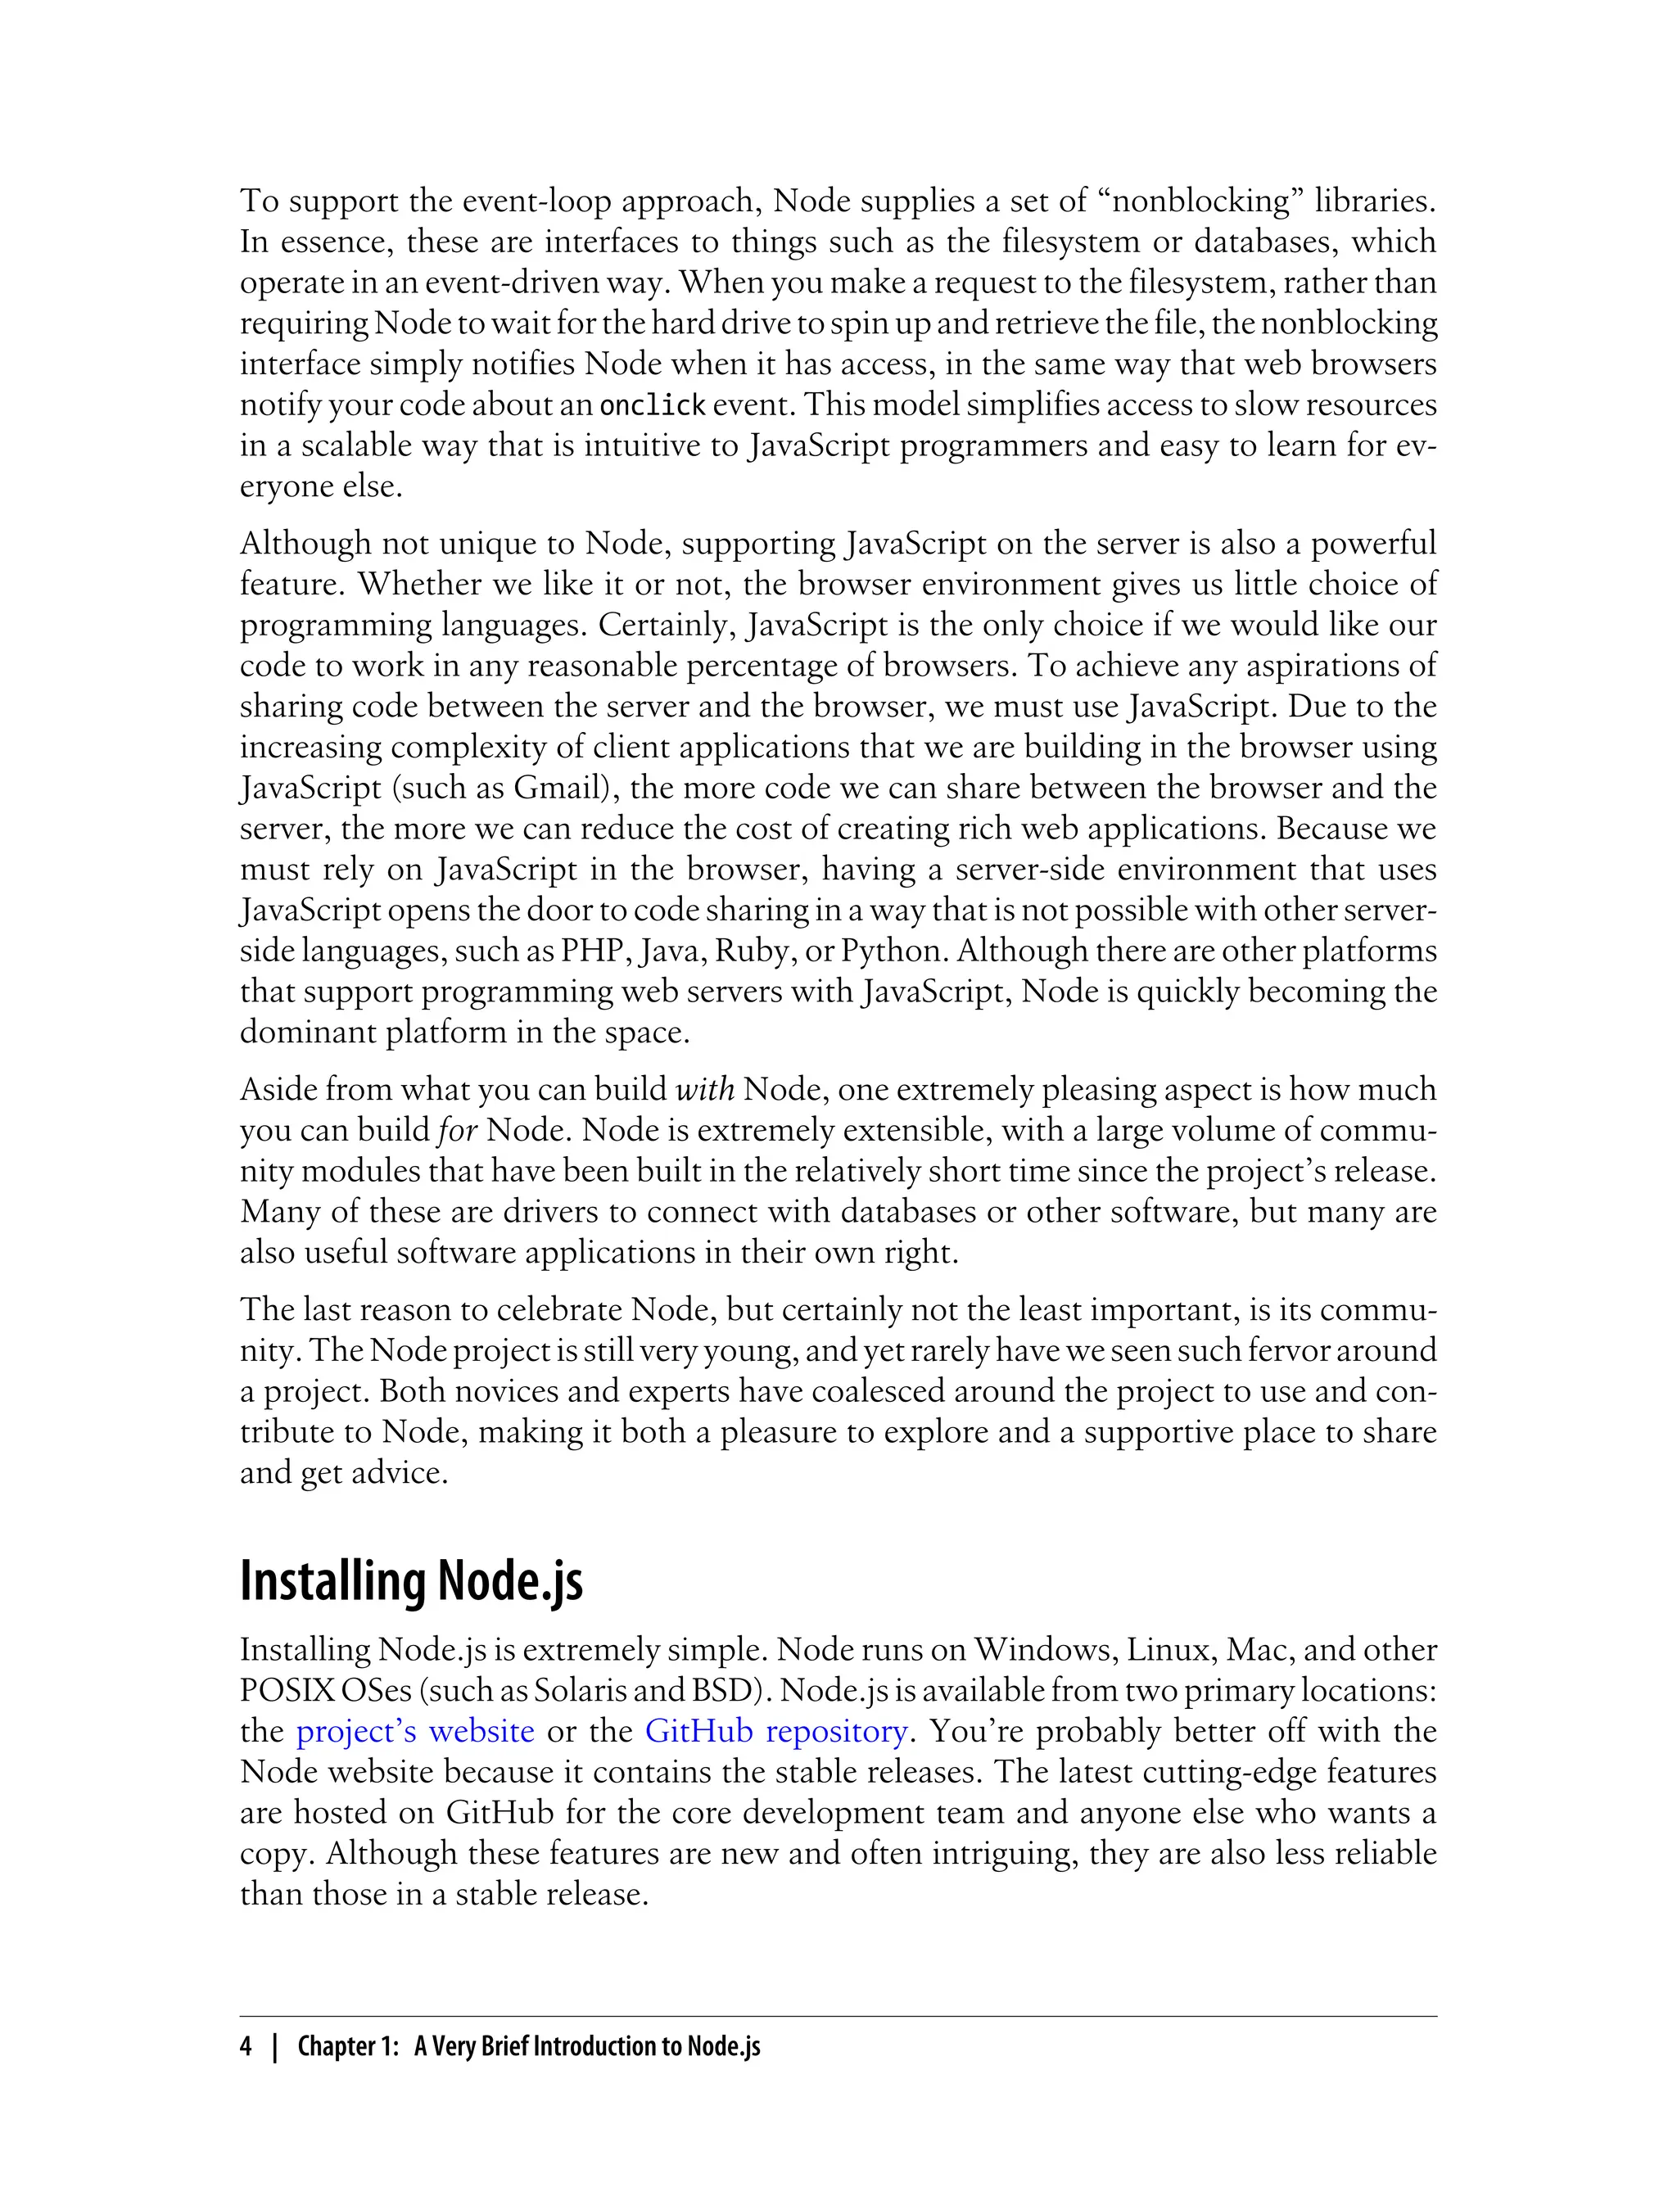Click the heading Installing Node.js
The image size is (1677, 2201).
pos(411,1581)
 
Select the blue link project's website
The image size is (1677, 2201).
pos(415,1731)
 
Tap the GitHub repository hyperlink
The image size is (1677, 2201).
pos(776,1731)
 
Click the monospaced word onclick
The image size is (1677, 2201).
pos(652,405)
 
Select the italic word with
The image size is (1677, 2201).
pos(705,1089)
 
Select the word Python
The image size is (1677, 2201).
pos(892,951)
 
